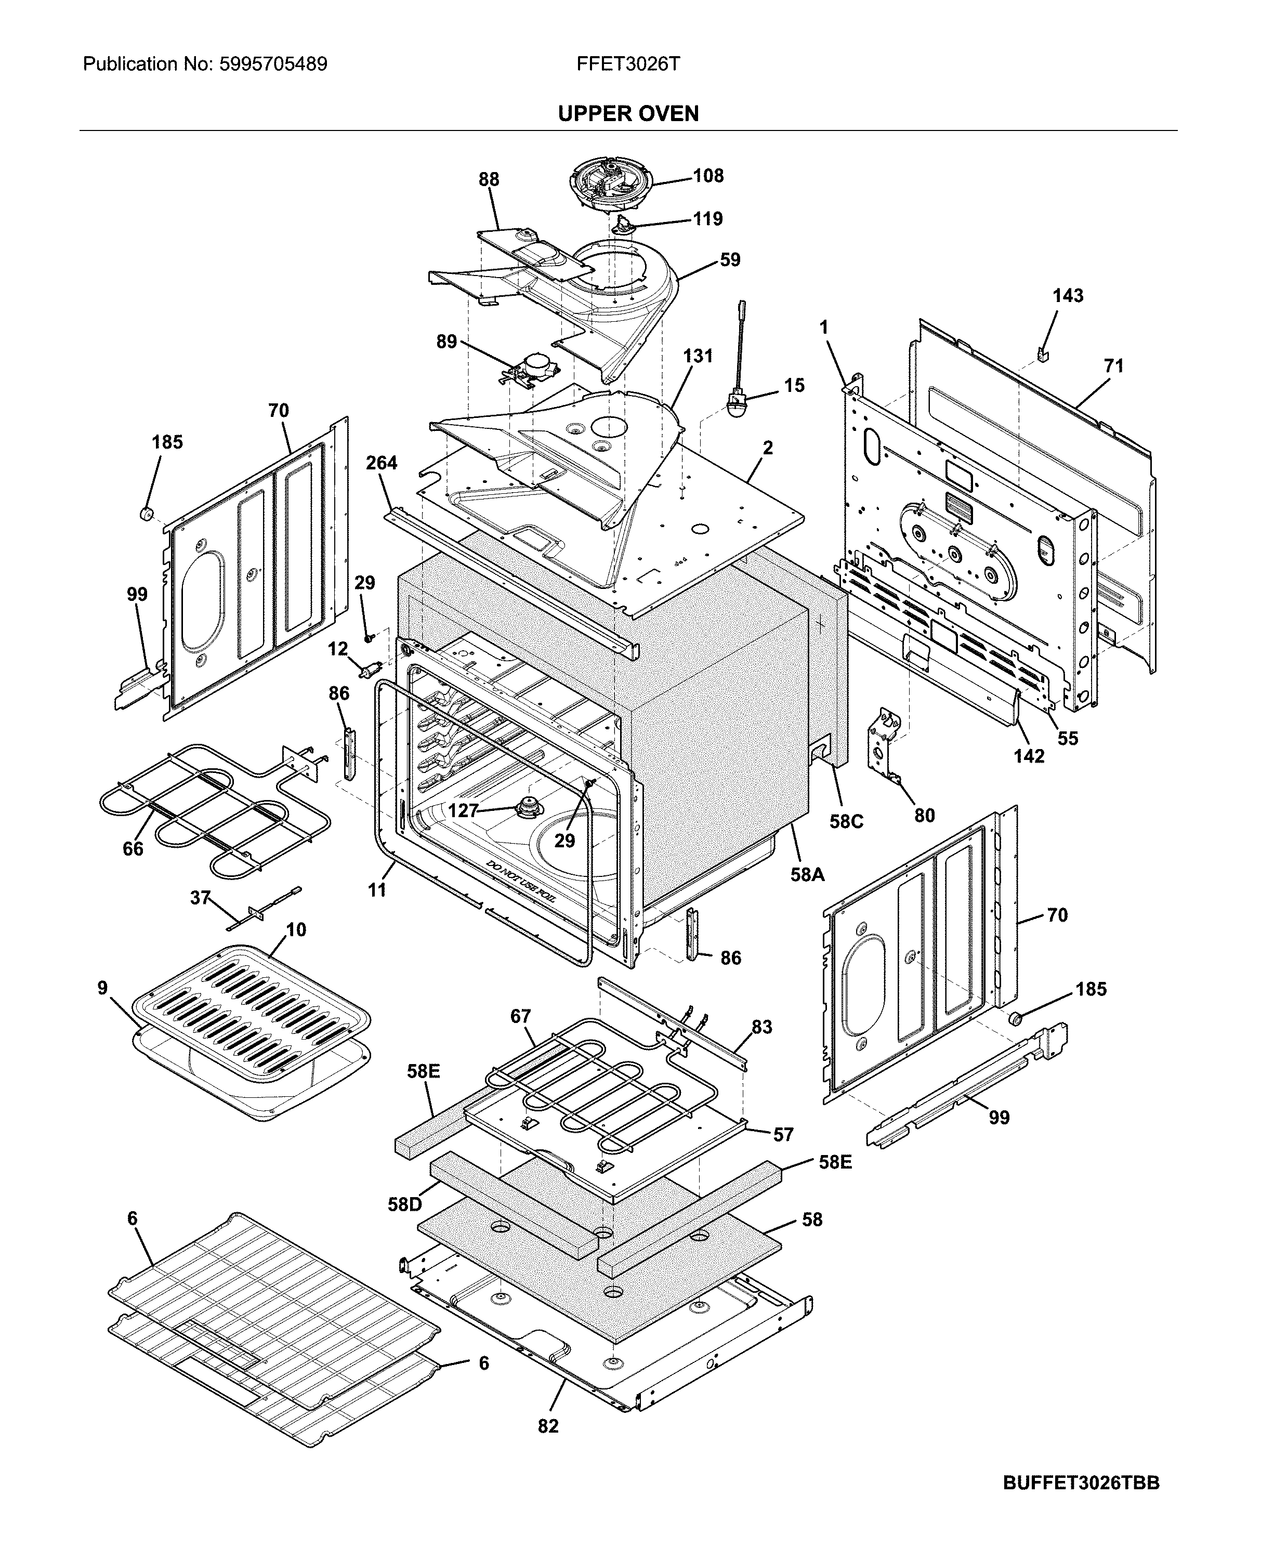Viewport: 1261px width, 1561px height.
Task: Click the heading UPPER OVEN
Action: (x=628, y=113)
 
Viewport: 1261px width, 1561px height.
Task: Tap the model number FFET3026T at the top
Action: (x=628, y=64)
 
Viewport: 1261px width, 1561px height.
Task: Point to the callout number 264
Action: (x=382, y=463)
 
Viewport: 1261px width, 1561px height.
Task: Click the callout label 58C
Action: (x=846, y=821)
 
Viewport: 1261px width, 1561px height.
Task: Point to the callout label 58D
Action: (x=404, y=1204)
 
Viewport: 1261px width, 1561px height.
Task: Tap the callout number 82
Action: (x=548, y=1426)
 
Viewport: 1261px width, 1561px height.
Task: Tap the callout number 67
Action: (x=520, y=1016)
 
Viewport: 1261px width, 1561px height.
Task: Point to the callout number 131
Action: (x=698, y=356)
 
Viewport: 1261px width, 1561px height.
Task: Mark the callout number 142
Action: (x=1029, y=756)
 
